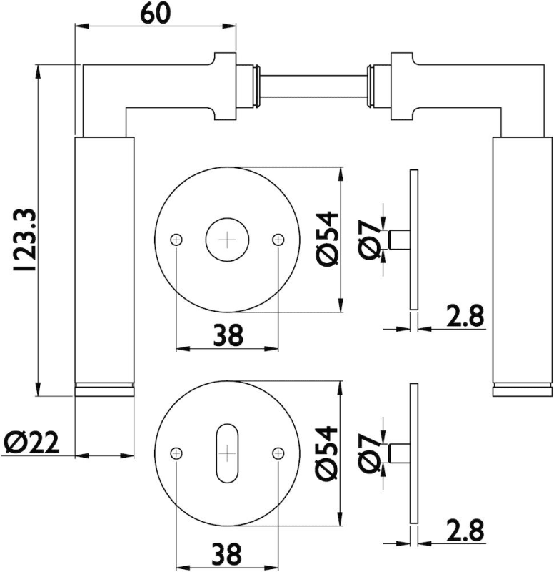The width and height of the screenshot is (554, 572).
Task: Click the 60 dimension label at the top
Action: click(156, 14)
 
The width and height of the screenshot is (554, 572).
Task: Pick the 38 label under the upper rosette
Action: click(227, 334)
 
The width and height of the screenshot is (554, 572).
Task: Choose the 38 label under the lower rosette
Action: click(227, 553)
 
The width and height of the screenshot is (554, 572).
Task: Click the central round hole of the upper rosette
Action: click(227, 240)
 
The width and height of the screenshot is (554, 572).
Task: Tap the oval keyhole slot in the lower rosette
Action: click(227, 453)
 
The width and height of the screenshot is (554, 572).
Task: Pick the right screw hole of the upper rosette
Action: click(278, 240)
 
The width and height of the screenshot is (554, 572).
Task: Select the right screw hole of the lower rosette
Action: click(278, 452)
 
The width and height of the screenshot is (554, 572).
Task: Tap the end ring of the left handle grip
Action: click(104, 389)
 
